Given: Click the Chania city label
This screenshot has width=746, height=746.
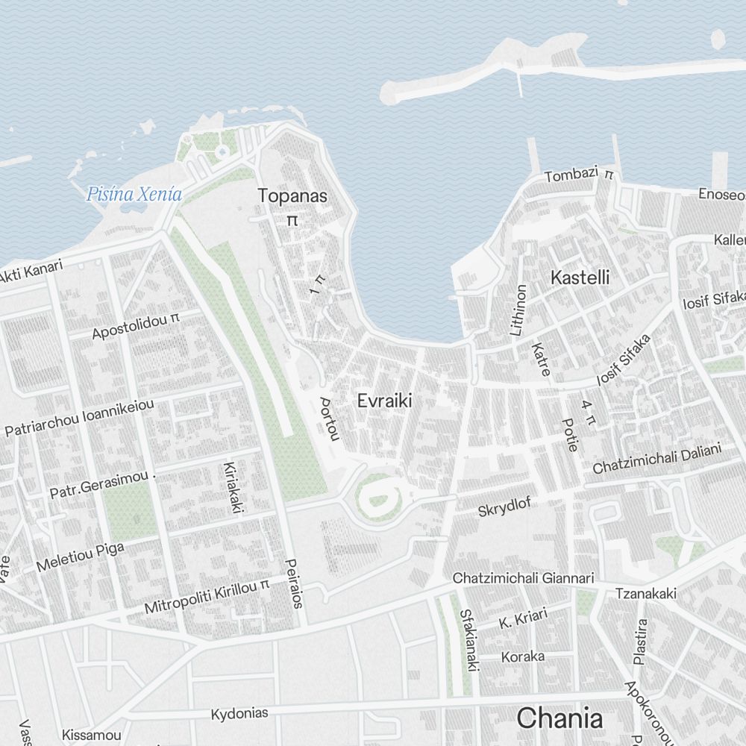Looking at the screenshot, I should [559, 718].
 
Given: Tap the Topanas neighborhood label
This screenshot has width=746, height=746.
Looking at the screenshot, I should [292, 196].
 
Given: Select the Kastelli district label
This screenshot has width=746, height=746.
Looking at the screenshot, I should [580, 278].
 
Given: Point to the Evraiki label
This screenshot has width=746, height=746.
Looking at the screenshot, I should [384, 401].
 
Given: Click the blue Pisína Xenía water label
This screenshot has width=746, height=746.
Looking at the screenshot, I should [134, 195].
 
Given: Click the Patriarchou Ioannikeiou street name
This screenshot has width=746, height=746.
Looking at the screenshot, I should [79, 418].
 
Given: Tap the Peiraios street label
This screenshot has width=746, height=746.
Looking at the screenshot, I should [294, 583].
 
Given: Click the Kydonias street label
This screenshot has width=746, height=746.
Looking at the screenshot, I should [239, 713].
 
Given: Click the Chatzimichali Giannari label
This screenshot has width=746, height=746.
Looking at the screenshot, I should [523, 578].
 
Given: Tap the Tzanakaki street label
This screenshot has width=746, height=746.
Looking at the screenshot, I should [646, 594].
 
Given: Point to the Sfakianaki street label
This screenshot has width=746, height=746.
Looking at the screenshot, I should [468, 641].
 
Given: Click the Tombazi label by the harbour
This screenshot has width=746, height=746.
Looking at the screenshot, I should [572, 175].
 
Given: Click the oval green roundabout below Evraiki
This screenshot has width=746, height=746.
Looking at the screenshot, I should [379, 495].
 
